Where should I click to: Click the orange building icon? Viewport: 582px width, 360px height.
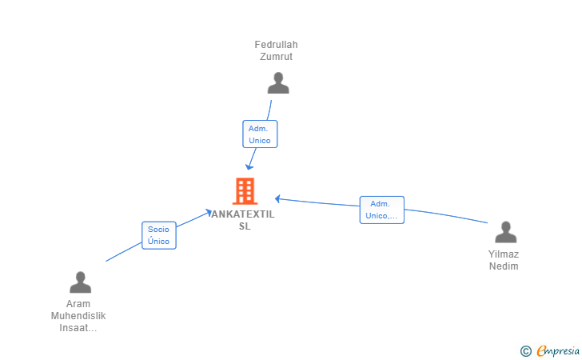pyautogui.click(x=245, y=191)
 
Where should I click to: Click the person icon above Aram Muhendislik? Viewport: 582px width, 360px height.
pyautogui.click(x=80, y=282)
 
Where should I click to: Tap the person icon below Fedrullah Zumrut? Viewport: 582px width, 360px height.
pyautogui.click(x=277, y=83)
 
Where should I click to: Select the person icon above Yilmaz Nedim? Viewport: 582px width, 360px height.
pyautogui.click(x=505, y=232)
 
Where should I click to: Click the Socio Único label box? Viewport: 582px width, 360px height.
pyautogui.click(x=159, y=235)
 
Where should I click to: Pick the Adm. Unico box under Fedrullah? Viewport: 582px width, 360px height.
pyautogui.click(x=260, y=134)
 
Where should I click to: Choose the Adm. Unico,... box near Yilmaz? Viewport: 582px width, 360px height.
pyautogui.click(x=381, y=210)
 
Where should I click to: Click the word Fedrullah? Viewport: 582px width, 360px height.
pyautogui.click(x=276, y=45)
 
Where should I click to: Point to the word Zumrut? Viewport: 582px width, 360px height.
pyautogui.click(x=276, y=56)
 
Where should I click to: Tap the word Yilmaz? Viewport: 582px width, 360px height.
pyautogui.click(x=504, y=254)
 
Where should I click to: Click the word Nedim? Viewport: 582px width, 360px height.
pyautogui.click(x=504, y=266)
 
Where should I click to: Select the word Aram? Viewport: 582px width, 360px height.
pyautogui.click(x=78, y=304)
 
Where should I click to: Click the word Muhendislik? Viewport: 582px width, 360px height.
pyautogui.click(x=78, y=315)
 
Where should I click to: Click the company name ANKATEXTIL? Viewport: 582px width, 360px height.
pyautogui.click(x=243, y=214)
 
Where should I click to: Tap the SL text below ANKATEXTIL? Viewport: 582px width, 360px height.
pyautogui.click(x=245, y=226)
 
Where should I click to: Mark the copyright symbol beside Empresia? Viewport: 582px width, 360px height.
pyautogui.click(x=525, y=350)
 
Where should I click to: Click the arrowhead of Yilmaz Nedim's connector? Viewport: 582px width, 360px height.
pyautogui.click(x=277, y=198)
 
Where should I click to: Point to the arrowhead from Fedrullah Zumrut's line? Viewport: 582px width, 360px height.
pyautogui.click(x=249, y=167)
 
